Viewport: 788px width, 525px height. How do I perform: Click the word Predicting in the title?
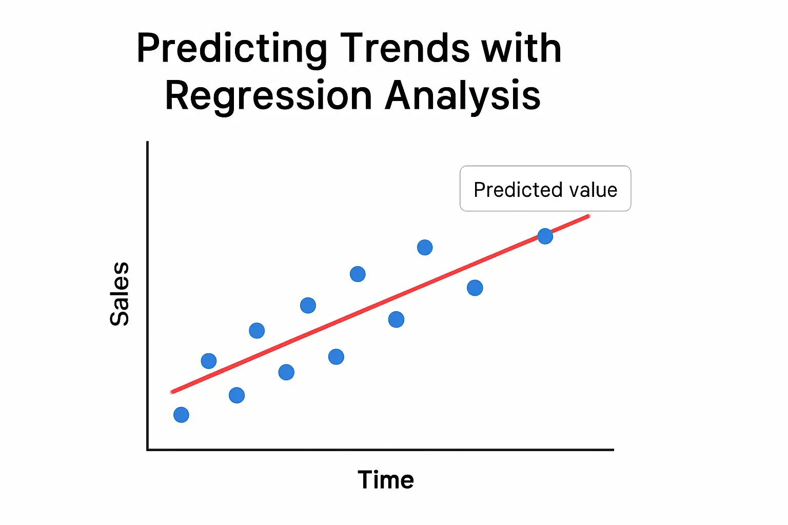[231, 49]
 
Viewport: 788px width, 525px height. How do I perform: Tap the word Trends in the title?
[405, 48]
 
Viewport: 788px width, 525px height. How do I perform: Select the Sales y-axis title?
[120, 294]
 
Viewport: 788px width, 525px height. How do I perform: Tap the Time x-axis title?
[386, 480]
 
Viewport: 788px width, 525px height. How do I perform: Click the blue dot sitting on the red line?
[545, 236]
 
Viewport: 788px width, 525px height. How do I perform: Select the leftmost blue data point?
[181, 415]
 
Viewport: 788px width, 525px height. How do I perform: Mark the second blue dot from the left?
[209, 361]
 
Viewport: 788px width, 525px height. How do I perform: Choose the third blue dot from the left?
[237, 395]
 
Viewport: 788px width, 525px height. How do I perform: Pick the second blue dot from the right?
[475, 288]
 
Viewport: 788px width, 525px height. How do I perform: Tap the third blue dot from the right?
[425, 248]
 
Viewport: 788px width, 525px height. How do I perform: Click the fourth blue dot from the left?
[257, 331]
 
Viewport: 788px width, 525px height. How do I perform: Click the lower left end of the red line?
[172, 392]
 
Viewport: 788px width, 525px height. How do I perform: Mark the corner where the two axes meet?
[148, 450]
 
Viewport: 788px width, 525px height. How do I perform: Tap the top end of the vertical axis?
[148, 143]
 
